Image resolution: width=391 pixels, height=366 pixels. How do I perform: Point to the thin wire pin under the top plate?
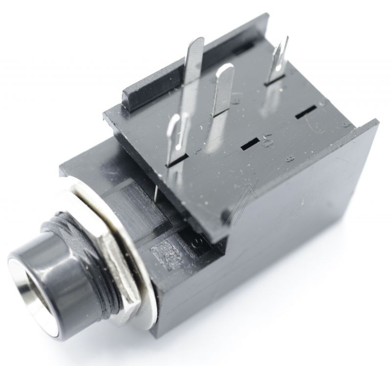click(156, 191)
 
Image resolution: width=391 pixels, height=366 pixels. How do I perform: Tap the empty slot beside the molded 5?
click(250, 143)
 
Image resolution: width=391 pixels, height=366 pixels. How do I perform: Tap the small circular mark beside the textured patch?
click(198, 241)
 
